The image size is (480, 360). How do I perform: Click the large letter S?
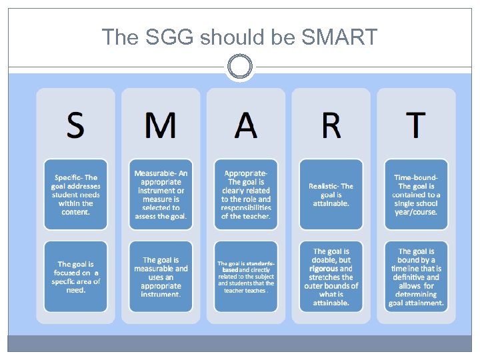tap(75, 124)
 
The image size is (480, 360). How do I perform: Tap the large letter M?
tap(161, 125)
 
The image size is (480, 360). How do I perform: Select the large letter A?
tap(246, 125)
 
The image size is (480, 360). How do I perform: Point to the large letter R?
tap(331, 125)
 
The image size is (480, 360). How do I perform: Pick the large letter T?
tap(416, 125)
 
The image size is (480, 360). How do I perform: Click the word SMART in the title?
tap(339, 37)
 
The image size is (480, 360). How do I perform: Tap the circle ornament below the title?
tap(239, 67)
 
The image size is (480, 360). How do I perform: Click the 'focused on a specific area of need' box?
tap(75, 277)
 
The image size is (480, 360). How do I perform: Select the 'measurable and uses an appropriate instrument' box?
tap(161, 277)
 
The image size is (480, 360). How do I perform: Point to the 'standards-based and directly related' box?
tap(246, 277)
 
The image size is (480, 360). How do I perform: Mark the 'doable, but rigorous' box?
tap(331, 277)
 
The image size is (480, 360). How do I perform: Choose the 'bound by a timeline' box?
tap(416, 277)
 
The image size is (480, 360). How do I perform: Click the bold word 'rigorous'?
tap(324, 269)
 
